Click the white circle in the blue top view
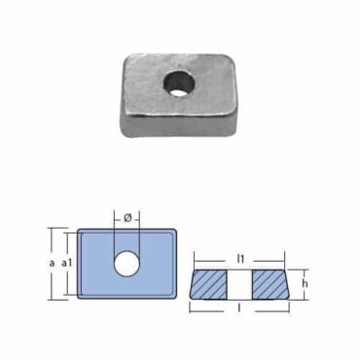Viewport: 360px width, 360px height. [126, 264]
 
